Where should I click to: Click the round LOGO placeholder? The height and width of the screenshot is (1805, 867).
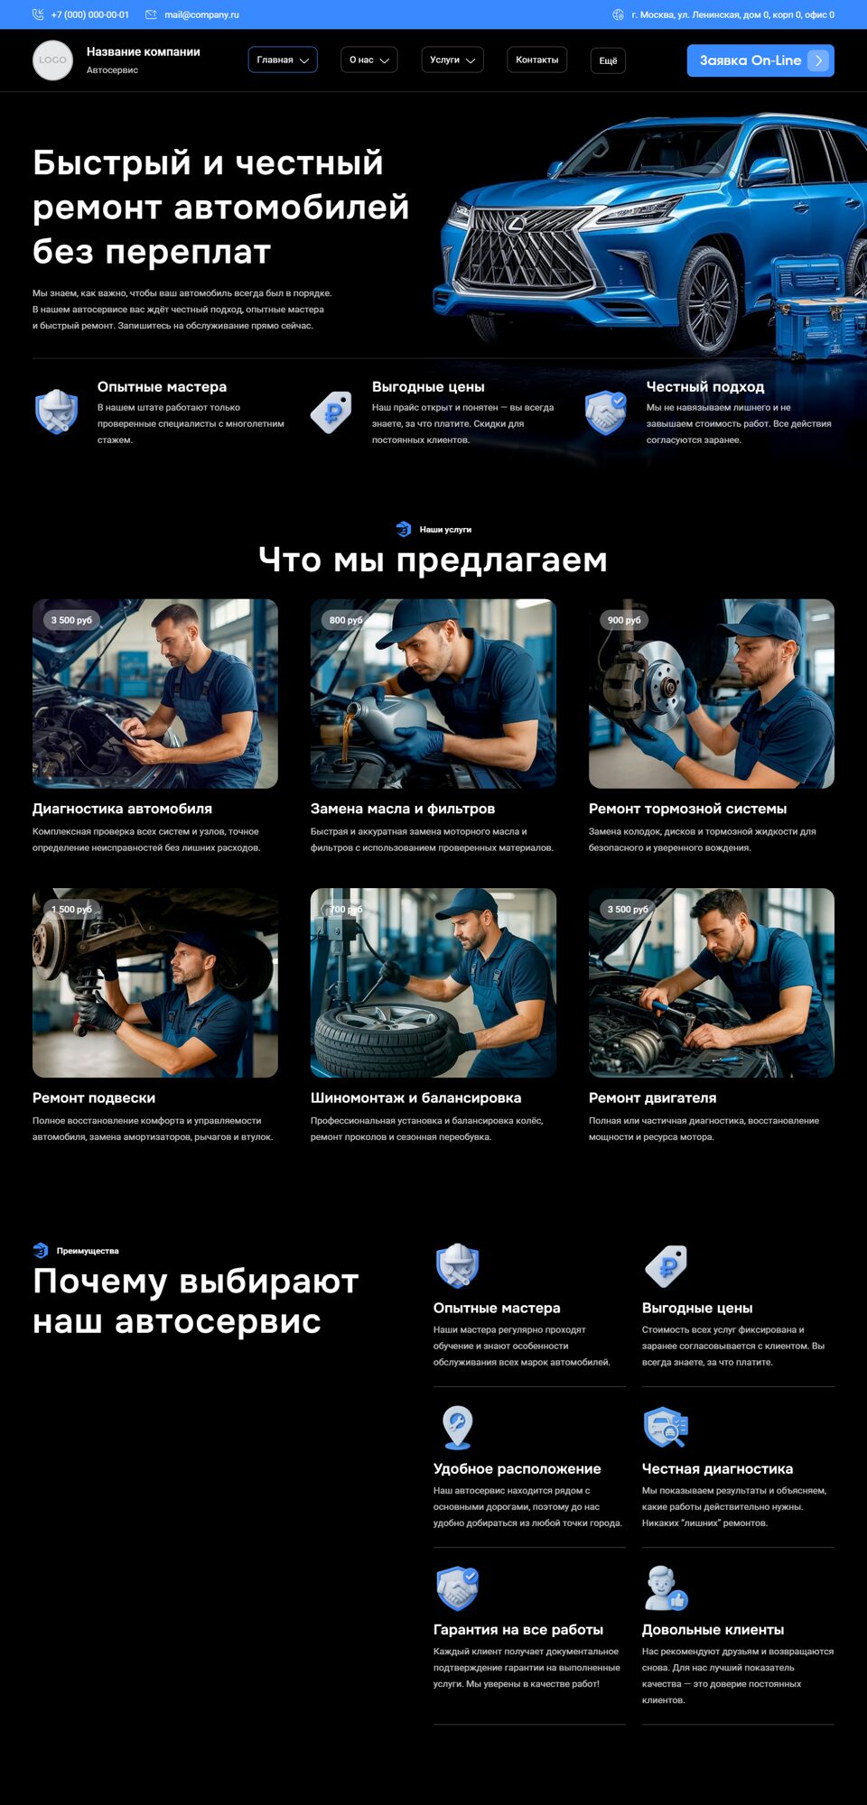52,60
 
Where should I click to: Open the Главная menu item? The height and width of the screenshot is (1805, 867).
283,60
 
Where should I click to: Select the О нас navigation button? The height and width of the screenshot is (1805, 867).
368,60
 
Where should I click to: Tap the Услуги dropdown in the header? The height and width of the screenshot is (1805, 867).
452,60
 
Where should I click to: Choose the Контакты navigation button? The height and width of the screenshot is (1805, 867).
537,60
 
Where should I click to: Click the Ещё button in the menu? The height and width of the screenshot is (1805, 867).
608,60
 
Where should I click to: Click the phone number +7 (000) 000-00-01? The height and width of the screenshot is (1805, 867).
90,14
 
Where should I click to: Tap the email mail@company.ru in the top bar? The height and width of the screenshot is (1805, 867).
201,14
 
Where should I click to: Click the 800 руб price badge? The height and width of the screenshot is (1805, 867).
346,620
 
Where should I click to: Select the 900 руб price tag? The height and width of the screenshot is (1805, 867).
624,620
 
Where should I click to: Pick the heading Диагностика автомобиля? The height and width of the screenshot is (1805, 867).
122,809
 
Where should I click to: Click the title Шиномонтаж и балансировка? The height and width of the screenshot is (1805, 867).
415,1097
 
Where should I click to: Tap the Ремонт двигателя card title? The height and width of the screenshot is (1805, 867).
652,1097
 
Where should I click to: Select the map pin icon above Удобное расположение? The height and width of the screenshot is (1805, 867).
457,1427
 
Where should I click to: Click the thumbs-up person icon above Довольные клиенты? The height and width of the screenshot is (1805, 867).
666,1588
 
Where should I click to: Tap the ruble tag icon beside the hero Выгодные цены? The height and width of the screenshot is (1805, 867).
331,412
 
